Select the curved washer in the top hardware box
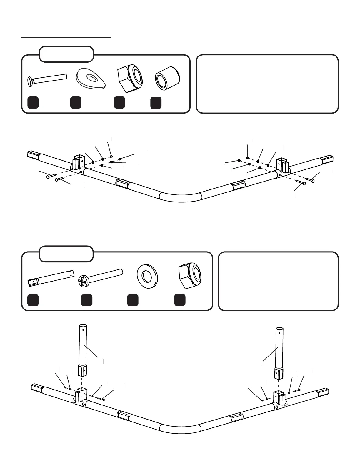[x=91, y=79]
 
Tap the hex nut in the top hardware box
[x=130, y=76]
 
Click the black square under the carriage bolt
[x=33, y=102]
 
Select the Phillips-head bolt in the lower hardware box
[x=100, y=277]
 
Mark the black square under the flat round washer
[x=133, y=300]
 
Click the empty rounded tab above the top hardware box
[x=66, y=54]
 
